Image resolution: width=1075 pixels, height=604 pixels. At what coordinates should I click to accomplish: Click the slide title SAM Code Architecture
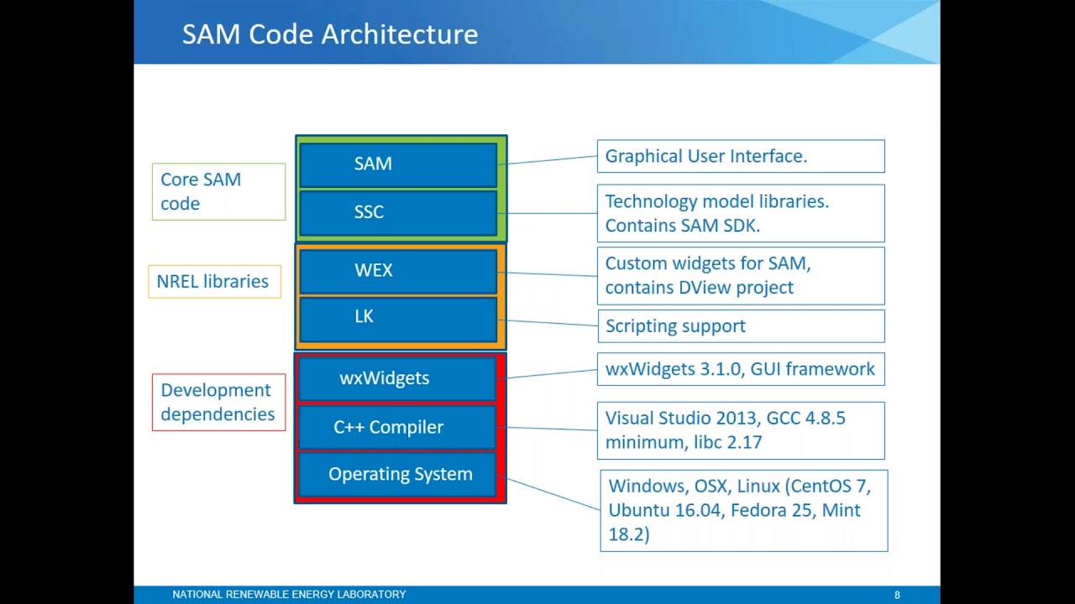point(330,34)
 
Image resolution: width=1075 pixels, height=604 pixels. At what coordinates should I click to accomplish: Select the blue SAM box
point(398,164)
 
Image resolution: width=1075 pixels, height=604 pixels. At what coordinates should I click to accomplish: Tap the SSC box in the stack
point(398,212)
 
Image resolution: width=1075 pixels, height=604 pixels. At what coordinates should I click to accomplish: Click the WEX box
point(398,271)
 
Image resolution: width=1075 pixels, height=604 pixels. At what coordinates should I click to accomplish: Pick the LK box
point(398,317)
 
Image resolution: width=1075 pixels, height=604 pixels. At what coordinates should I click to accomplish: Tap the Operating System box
point(399,474)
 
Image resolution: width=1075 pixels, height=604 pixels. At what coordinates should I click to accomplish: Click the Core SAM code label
point(218,191)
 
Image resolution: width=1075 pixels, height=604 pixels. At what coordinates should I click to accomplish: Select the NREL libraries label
point(213,282)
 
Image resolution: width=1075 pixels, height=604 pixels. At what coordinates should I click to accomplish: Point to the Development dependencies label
point(218,402)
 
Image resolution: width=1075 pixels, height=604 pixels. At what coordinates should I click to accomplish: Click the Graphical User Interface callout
point(740,156)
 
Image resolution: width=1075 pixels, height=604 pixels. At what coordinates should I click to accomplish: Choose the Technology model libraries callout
point(740,213)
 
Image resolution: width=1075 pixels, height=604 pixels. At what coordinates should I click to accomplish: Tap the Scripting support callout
point(740,326)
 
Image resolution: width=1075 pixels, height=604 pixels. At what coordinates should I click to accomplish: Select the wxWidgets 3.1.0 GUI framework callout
point(740,369)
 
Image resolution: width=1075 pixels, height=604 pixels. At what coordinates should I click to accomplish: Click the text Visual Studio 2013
point(669,419)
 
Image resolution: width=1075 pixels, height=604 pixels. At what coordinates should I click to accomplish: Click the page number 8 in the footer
point(897,595)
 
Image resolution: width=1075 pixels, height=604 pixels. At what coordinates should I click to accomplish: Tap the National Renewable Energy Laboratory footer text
point(289,595)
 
